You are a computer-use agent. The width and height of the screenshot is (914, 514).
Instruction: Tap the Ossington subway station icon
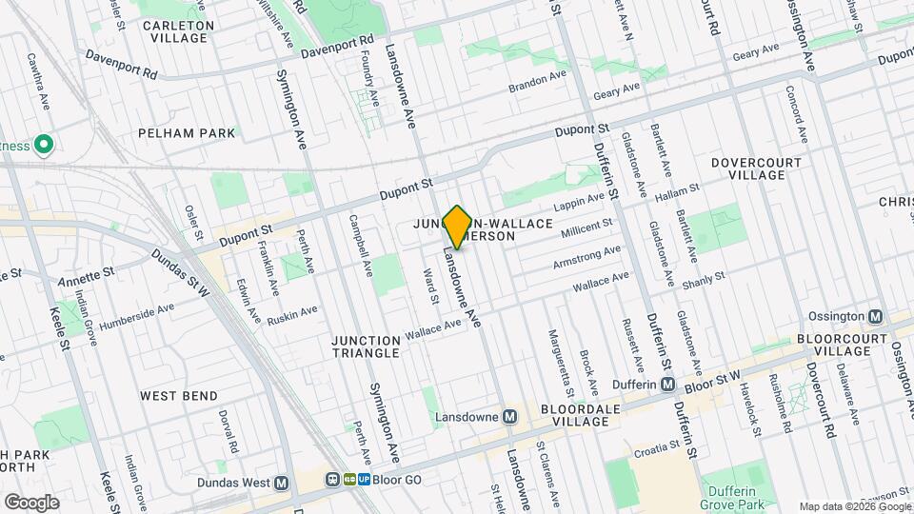(x=876, y=317)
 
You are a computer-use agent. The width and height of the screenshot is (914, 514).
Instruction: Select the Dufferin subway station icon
(x=668, y=385)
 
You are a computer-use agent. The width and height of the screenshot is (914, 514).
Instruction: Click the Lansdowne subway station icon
(x=510, y=417)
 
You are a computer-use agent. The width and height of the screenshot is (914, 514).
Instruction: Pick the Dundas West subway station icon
(x=281, y=483)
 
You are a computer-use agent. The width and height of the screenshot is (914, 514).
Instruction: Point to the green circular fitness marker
(x=43, y=145)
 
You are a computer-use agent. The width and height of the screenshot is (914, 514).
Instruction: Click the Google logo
(x=30, y=502)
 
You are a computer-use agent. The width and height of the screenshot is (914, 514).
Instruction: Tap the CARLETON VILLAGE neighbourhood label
(x=177, y=31)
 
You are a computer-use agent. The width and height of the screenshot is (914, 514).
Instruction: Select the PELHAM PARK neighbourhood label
(x=186, y=133)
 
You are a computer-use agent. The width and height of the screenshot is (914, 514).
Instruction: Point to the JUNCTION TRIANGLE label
(x=365, y=346)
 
